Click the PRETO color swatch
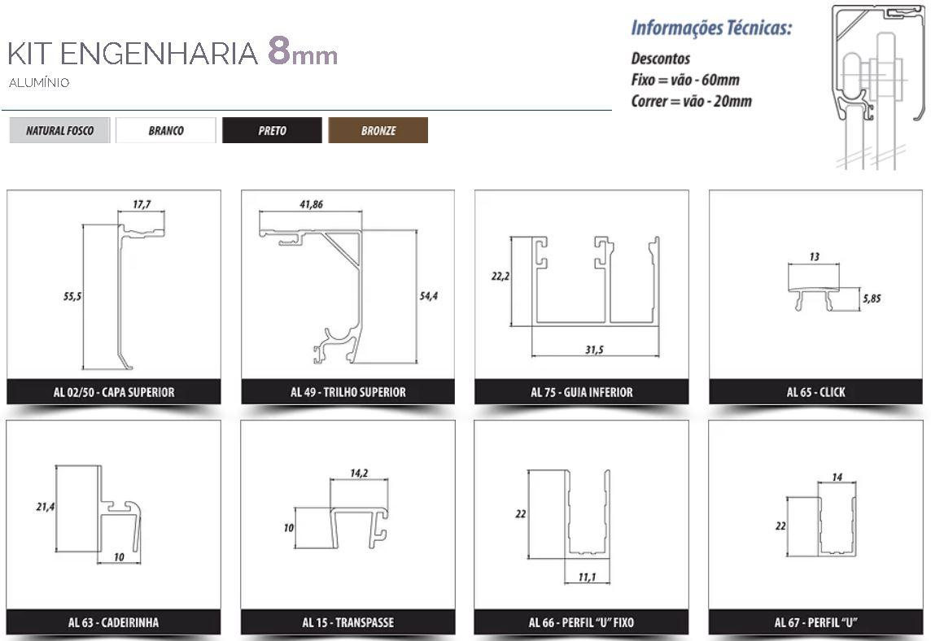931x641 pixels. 272,131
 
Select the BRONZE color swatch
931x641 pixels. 378,131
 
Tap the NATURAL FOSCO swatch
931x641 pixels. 59,131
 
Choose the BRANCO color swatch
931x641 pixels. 166,131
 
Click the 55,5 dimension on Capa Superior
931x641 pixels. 72,296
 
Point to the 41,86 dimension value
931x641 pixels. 311,204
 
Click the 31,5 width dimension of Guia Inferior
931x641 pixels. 594,350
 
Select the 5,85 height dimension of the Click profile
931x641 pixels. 872,298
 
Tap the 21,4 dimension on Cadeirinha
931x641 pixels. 45,506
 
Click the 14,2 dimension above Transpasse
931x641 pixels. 359,473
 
